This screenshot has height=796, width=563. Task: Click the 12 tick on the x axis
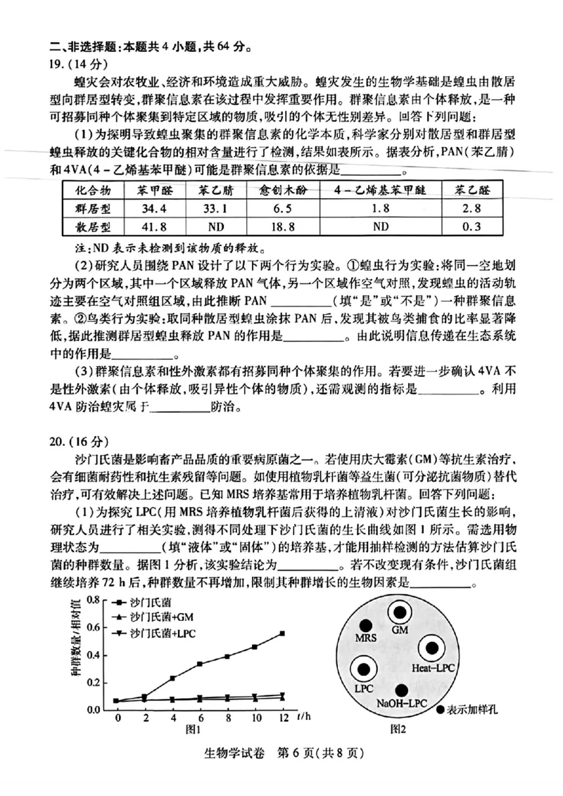(x=282, y=718)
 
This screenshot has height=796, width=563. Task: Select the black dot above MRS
(x=366, y=625)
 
